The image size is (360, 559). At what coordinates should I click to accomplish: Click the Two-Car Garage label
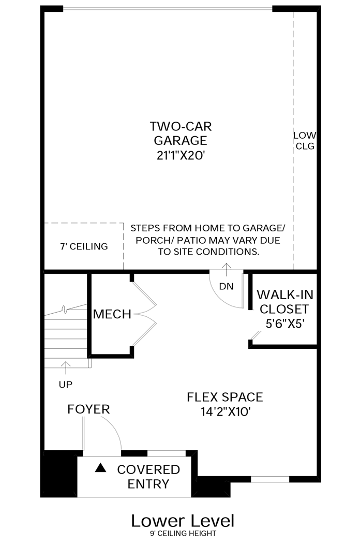(181, 134)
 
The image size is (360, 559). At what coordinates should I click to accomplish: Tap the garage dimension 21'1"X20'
(181, 155)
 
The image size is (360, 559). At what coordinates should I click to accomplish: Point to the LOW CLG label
(305, 140)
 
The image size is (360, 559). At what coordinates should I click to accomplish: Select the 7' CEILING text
(84, 246)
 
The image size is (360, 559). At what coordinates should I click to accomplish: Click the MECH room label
(112, 314)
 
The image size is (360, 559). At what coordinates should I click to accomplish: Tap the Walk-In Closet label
(284, 302)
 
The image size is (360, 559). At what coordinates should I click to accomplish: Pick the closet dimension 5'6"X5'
(285, 323)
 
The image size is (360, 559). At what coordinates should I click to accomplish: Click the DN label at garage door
(227, 286)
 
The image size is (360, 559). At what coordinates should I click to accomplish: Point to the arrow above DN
(227, 270)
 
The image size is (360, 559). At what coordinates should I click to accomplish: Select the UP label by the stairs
(66, 384)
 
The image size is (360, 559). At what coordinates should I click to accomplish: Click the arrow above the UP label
(66, 369)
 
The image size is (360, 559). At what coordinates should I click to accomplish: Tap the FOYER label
(88, 409)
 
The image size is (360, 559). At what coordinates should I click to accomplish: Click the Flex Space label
(225, 397)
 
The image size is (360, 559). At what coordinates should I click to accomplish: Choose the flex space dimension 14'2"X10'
(226, 412)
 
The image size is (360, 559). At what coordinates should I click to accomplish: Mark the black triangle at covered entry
(101, 468)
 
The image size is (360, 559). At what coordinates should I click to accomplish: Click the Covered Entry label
(148, 477)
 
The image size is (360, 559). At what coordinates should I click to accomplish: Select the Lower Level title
(183, 521)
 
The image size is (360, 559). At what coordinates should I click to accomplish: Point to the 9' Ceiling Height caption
(183, 533)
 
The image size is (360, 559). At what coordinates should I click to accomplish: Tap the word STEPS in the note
(142, 228)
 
